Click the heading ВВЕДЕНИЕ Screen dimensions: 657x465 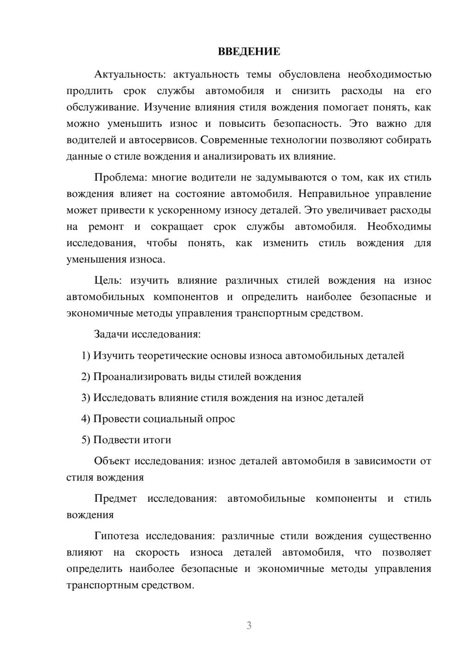click(x=249, y=52)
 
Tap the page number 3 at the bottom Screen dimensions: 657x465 click(x=249, y=625)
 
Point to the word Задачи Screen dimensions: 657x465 click(x=112, y=334)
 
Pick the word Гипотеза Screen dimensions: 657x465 click(x=116, y=536)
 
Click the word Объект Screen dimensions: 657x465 click(x=112, y=461)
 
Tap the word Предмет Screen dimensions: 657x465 click(x=115, y=499)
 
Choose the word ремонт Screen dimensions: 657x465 click(x=106, y=227)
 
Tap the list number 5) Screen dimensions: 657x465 click(x=86, y=440)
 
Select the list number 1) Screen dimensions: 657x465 click(x=86, y=355)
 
